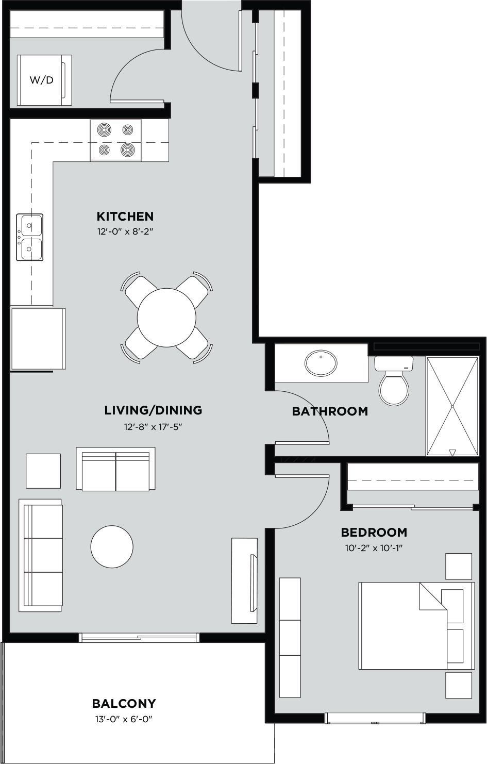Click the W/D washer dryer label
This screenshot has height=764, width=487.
pyautogui.click(x=42, y=80)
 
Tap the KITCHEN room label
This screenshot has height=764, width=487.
pyautogui.click(x=125, y=216)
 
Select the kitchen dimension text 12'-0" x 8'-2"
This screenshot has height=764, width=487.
pyautogui.click(x=125, y=232)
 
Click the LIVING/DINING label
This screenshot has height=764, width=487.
pyautogui.click(x=153, y=410)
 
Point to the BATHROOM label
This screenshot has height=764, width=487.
pyautogui.click(x=330, y=411)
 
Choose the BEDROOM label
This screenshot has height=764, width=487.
pyautogui.click(x=374, y=532)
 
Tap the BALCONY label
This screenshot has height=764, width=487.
pyautogui.click(x=124, y=703)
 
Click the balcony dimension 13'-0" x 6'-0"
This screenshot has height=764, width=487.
pyautogui.click(x=124, y=719)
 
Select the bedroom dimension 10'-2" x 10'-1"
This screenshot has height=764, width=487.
pyautogui.click(x=374, y=548)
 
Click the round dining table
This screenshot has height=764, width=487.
pyautogui.click(x=166, y=317)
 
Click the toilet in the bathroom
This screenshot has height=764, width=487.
pyautogui.click(x=394, y=384)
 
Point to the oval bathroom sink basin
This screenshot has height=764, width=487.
pyautogui.click(x=321, y=363)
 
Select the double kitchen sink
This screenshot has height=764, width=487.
pyautogui.click(x=29, y=237)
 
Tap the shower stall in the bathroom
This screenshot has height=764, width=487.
pyautogui.click(x=452, y=406)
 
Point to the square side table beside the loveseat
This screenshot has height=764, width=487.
pyautogui.click(x=43, y=471)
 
